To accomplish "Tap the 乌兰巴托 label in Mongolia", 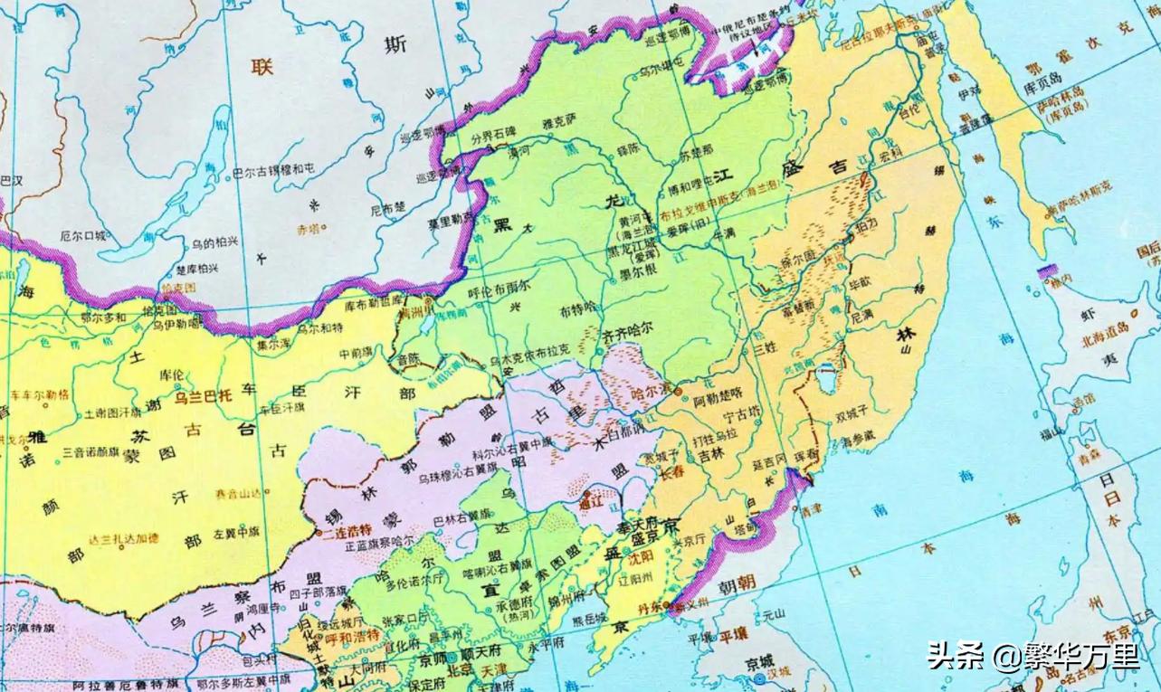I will pyautogui.click(x=205, y=395).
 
